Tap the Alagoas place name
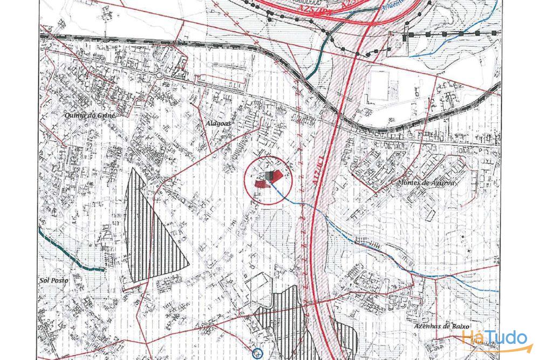pyautogui.click(x=218, y=124)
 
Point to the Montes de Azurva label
pyautogui.click(x=426, y=183)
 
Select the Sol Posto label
pyautogui.click(x=52, y=280)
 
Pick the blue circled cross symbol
pyautogui.click(x=257, y=354)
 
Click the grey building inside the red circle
pyautogui.click(x=269, y=175)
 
